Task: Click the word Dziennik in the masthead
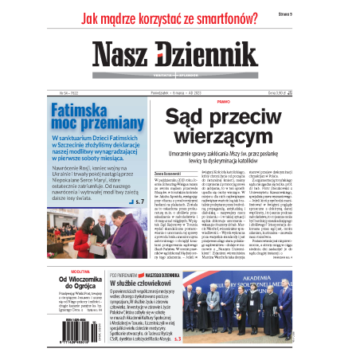click(x=211, y=55)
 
